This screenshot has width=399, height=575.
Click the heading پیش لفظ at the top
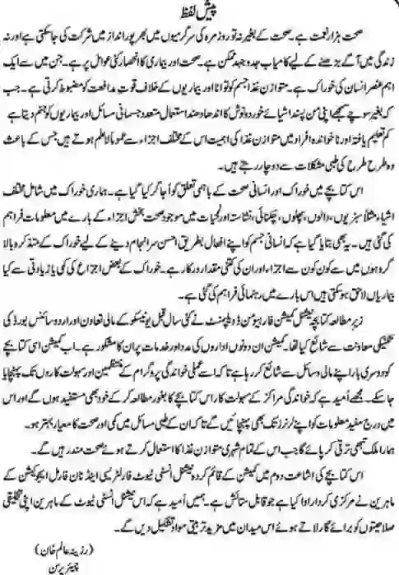200,11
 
